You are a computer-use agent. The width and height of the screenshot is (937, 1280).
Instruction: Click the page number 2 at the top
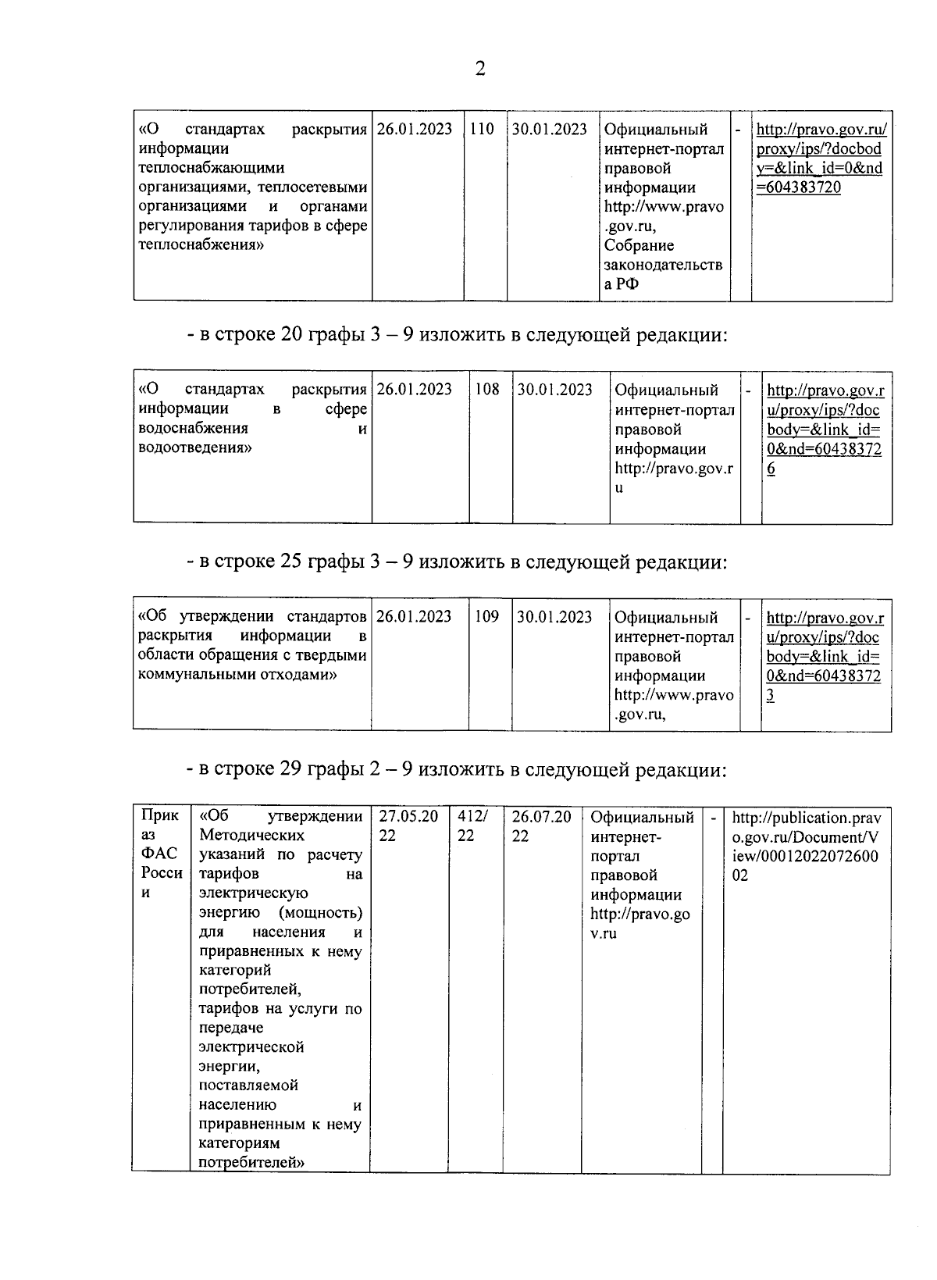[x=479, y=69]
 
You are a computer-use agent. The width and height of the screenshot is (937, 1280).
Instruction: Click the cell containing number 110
[x=482, y=130]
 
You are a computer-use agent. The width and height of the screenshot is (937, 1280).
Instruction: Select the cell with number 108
[x=487, y=390]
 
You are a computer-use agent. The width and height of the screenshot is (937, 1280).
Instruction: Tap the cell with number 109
[x=486, y=617]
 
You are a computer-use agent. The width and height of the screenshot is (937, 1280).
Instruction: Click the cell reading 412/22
[x=473, y=826]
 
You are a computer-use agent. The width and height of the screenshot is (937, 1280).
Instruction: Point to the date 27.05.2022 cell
[x=408, y=826]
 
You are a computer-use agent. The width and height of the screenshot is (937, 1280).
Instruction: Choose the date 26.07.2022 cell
[x=541, y=826]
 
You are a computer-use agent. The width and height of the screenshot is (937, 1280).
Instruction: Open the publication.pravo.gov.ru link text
[x=805, y=847]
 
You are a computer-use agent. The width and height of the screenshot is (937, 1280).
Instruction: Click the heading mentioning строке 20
[x=456, y=336]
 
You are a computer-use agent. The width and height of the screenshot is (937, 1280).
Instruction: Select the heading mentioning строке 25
[x=456, y=562]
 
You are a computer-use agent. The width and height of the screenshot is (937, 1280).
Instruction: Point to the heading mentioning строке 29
[x=456, y=770]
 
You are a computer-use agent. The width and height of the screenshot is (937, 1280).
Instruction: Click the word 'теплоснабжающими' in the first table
[x=211, y=168]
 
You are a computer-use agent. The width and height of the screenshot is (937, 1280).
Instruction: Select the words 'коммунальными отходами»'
[x=237, y=675]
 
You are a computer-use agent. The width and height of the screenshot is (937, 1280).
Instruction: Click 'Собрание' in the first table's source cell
[x=639, y=246]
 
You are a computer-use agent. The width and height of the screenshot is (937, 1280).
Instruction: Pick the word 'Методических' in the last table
[x=251, y=836]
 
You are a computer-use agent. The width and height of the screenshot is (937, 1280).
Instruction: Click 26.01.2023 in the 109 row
[x=414, y=617]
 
